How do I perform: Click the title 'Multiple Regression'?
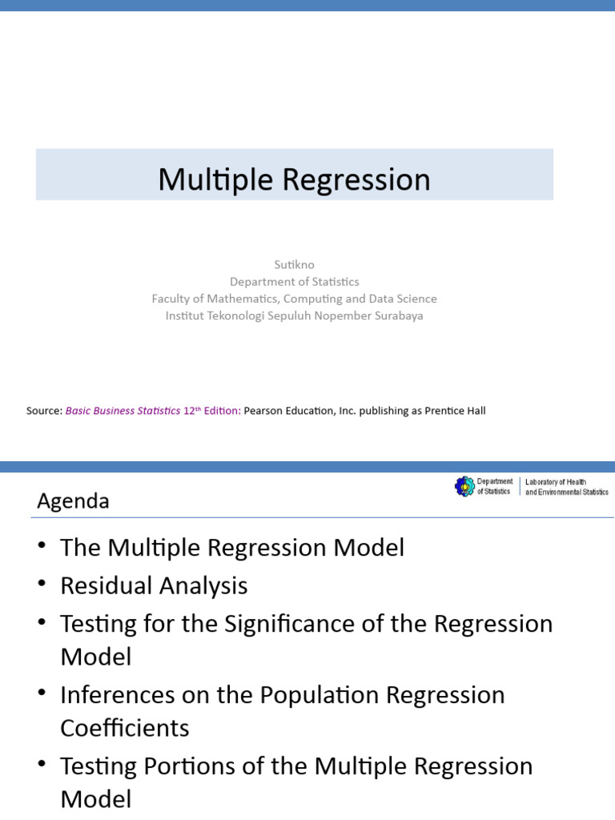pos(294,179)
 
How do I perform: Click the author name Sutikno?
pos(294,264)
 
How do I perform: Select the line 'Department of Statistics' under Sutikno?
pos(294,281)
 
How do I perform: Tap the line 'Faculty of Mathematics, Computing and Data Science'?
pos(294,298)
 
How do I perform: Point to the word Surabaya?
pos(396,316)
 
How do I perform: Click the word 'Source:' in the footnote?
pos(44,411)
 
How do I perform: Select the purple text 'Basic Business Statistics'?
pos(123,411)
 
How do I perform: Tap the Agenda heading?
pos(73,501)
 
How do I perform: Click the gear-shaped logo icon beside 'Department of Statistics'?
pos(464,486)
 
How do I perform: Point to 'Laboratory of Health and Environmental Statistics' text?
pos(566,486)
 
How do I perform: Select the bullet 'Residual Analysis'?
pos(154,585)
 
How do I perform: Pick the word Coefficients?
pos(125,728)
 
